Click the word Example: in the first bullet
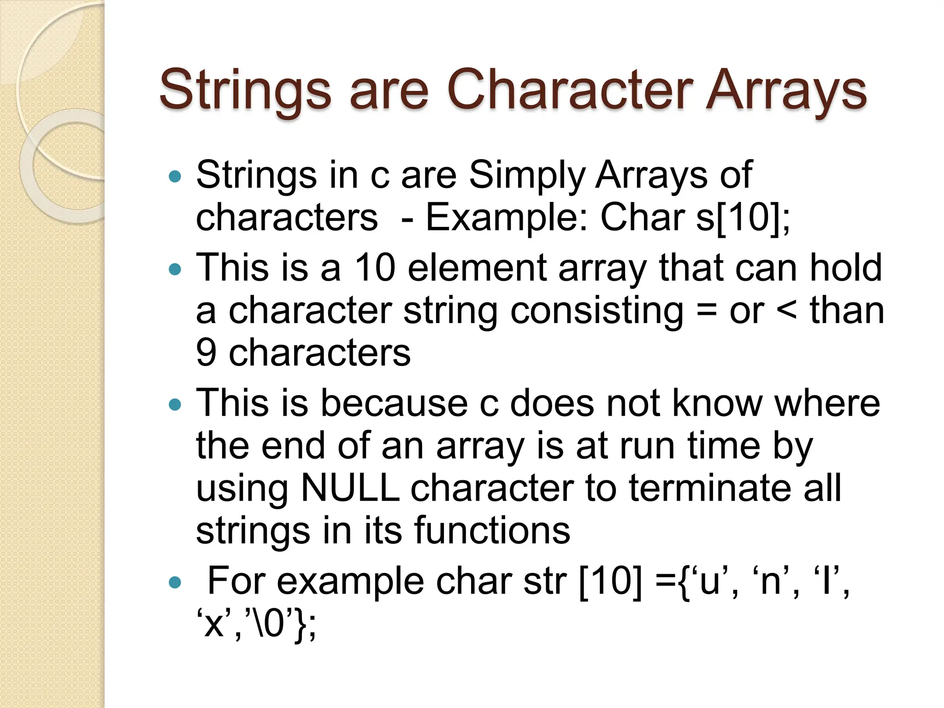coord(507,218)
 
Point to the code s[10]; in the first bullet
coord(743,218)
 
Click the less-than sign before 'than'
coord(786,311)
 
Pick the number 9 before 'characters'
coord(206,353)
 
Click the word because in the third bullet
coord(394,403)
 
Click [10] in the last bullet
coord(609,581)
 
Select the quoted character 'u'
coord(710,581)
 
